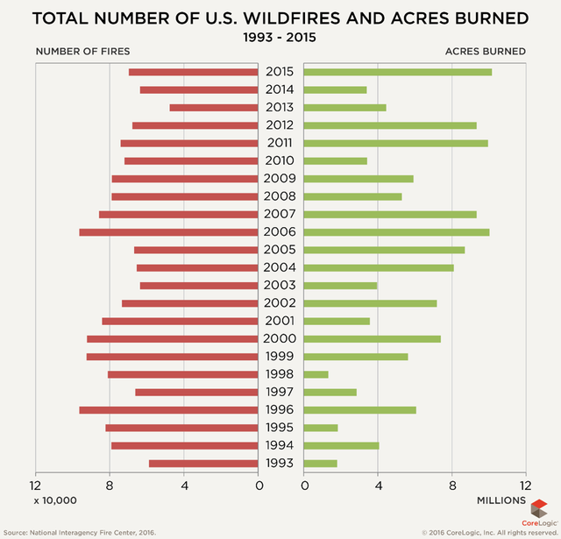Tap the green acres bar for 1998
pyautogui.click(x=316, y=374)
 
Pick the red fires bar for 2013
pyautogui.click(x=215, y=108)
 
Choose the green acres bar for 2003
pyautogui.click(x=341, y=285)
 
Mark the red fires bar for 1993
pyautogui.click(x=204, y=464)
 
